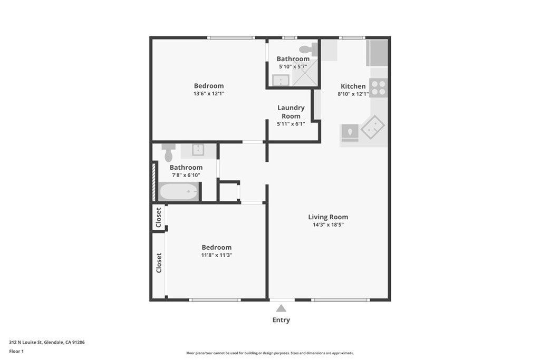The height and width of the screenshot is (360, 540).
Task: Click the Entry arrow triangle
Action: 281,308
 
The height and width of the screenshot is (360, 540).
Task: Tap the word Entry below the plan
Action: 281,320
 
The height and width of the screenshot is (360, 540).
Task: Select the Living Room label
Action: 328,217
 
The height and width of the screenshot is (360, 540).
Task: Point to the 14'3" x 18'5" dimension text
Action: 328,225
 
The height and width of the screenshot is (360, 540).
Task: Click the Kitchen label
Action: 353,86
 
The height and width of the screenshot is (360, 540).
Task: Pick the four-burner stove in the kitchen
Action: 378,87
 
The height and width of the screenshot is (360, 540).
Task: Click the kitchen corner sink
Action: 372,127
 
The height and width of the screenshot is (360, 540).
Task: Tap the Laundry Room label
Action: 291,112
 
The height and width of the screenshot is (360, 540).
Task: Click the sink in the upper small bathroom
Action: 281,80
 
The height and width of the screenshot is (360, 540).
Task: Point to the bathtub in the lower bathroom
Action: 179,191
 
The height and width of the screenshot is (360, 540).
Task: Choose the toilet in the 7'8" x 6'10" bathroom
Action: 168,152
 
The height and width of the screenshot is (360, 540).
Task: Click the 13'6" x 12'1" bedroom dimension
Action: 209,94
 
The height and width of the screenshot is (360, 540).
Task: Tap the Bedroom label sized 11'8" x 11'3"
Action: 216,247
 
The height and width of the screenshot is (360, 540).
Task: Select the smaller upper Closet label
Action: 159,217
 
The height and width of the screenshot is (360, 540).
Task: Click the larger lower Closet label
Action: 159,262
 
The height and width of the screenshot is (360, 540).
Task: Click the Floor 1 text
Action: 16,351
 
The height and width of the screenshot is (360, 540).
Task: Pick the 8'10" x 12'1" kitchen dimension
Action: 352,94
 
